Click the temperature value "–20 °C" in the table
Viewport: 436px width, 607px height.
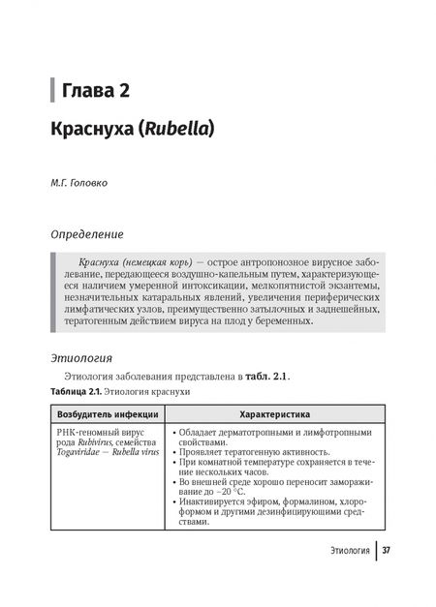click(230, 491)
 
